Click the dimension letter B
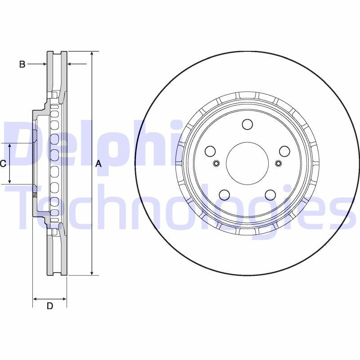(x=22, y=64)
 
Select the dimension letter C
(x=3, y=164)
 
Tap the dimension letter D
(x=50, y=306)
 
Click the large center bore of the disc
(x=247, y=162)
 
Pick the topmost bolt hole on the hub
(x=247, y=124)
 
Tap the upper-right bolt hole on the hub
(x=284, y=151)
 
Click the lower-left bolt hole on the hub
(x=224, y=194)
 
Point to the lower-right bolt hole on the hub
(x=270, y=194)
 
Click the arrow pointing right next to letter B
(x=43, y=64)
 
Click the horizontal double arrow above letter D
(x=50, y=298)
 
